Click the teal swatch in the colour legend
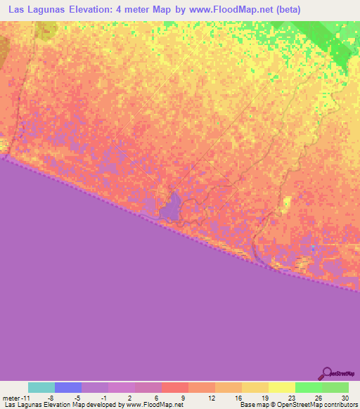point(41,387)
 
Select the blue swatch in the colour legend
point(68,387)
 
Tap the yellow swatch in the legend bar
point(281,387)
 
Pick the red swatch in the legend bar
point(174,387)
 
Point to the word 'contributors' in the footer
point(340,405)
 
